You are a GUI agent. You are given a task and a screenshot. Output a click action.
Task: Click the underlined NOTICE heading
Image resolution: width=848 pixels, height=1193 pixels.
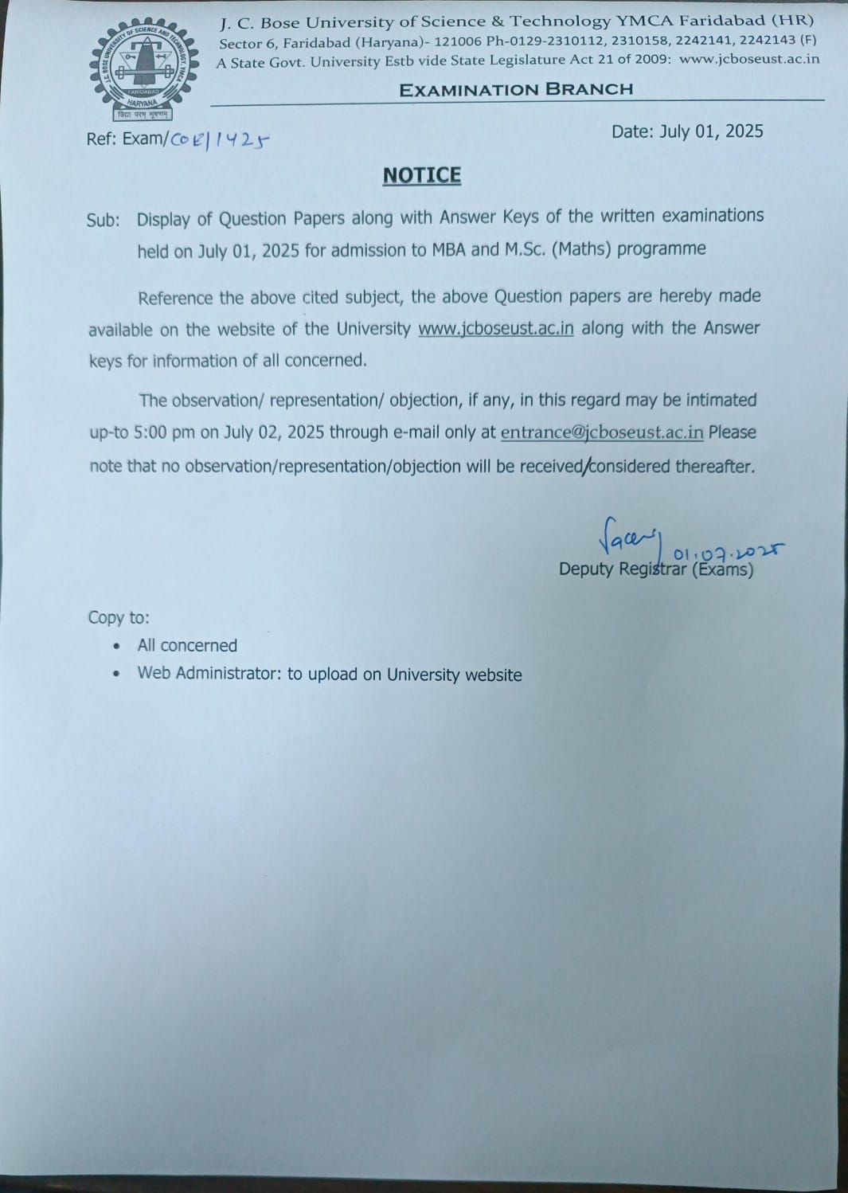(422, 175)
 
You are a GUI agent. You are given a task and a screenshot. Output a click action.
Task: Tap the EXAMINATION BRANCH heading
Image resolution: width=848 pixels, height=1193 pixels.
(516, 89)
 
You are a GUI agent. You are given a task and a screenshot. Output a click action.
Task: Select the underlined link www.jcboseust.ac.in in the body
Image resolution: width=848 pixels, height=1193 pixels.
(495, 328)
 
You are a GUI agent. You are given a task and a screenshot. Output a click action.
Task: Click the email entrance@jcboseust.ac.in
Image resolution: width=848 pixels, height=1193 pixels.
(602, 432)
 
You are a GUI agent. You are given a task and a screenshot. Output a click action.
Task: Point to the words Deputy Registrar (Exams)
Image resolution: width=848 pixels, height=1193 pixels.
(655, 569)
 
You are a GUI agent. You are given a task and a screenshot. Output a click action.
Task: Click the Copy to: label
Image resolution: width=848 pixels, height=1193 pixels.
(119, 618)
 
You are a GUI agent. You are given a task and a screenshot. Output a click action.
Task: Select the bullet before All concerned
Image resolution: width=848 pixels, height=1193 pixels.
(118, 646)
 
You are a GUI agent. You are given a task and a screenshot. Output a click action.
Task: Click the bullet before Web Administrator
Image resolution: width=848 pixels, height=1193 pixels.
(118, 674)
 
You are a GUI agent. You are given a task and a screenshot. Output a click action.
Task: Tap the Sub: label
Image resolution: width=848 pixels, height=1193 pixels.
(104, 221)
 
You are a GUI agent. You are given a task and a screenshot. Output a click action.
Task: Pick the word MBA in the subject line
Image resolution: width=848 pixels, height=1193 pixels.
(449, 250)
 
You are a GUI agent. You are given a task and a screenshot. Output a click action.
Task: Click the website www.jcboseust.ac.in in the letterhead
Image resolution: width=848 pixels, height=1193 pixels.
(748, 59)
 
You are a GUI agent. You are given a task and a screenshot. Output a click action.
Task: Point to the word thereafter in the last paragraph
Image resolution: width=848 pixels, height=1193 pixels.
(714, 466)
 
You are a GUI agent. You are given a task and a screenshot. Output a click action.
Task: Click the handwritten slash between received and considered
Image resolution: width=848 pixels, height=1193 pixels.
(588, 466)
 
